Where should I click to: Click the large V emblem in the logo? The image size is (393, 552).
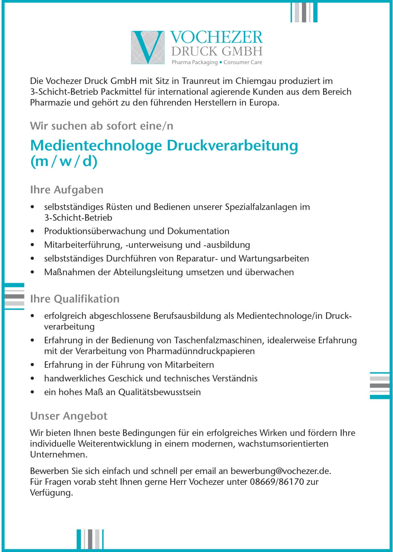coord(148,47)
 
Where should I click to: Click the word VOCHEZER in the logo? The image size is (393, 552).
coord(216,38)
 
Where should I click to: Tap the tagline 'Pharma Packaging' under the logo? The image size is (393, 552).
coord(195,63)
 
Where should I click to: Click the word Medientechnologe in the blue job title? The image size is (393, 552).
coord(96,146)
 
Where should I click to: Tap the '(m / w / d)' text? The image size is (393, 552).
coord(64,161)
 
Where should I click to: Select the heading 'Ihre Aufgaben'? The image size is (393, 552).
coord(67,190)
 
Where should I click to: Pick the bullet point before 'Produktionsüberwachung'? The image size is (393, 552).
coord(33,231)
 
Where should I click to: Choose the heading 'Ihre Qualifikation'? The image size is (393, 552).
coord(75,299)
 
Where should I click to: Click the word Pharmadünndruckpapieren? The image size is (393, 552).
coord(201,351)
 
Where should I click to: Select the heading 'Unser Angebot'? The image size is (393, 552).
coord(69,416)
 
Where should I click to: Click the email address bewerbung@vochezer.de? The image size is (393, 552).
coord(280,471)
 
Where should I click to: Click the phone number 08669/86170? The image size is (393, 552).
coord(277,482)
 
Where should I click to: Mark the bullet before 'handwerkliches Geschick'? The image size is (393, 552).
coord(33,378)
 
